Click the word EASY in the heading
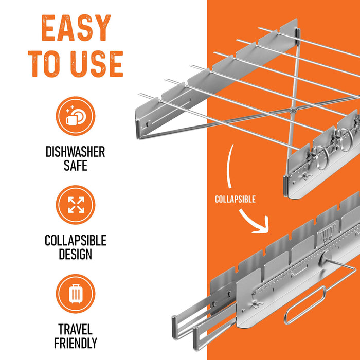pos(76,29)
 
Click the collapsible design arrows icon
pos(76,205)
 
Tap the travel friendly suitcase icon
pos(76,294)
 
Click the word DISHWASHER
pos(76,152)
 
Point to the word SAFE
pos(76,166)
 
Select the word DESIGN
pos(76,254)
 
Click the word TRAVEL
pos(76,329)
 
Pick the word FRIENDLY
pos(76,343)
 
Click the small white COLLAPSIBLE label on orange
pos(235,199)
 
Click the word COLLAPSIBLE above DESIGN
pos(76,240)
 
